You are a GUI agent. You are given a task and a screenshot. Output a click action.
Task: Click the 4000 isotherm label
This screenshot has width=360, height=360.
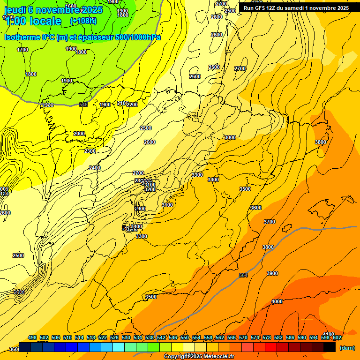click(x=277, y=301)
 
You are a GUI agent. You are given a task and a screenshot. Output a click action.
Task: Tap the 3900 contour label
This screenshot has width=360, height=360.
click(x=272, y=273)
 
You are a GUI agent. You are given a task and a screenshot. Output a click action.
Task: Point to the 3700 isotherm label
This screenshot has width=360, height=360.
click(x=270, y=222)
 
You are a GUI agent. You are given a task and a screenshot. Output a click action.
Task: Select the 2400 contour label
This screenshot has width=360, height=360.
click(x=95, y=168)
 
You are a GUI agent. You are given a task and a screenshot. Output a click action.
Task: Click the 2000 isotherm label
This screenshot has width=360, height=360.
click(x=79, y=134)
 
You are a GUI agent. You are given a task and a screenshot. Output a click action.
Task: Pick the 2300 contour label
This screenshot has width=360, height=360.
click(x=90, y=151)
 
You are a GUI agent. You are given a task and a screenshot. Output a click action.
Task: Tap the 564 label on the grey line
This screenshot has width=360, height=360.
click(x=243, y=275)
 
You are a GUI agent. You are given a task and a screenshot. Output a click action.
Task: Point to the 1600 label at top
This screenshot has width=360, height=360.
click(x=71, y=6)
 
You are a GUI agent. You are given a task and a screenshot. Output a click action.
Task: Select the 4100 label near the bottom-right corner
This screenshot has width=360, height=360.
click(x=329, y=334)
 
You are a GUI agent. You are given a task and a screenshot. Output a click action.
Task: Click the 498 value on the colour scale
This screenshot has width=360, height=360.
click(x=32, y=337)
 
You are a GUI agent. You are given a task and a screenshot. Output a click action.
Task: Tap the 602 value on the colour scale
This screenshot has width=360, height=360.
click(x=337, y=337)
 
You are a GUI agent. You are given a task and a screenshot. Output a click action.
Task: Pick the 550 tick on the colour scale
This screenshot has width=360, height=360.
click(x=185, y=337)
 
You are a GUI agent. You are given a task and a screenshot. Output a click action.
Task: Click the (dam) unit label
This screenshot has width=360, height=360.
click(x=347, y=347)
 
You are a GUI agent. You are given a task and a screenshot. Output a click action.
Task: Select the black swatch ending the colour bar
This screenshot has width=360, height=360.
click(x=330, y=347)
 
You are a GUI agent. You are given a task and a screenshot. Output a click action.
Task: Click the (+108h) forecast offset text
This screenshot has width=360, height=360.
click(x=83, y=21)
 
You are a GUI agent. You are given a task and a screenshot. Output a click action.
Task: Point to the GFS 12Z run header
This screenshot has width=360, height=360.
click(x=295, y=8)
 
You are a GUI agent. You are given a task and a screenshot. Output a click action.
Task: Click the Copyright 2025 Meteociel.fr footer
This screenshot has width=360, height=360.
click(x=199, y=357)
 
